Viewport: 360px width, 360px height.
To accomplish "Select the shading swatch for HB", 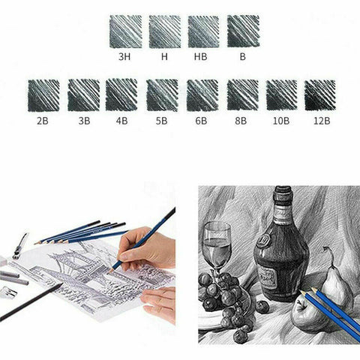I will [x=203, y=31].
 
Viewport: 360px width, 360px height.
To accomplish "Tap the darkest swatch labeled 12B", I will [x=319, y=94].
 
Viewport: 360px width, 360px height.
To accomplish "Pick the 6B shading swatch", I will [x=202, y=94].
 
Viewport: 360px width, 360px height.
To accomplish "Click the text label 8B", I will [x=241, y=118].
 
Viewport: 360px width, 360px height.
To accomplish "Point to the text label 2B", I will [x=43, y=118].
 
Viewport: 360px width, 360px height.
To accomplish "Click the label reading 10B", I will [x=280, y=118].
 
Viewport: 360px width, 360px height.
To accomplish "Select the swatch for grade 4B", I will [x=121, y=94].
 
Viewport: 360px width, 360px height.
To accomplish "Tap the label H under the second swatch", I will [x=165, y=55].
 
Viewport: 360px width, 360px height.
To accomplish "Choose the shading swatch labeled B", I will [x=242, y=31].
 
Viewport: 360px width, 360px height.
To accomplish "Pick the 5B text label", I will [x=162, y=118].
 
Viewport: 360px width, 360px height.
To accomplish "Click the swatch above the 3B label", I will [x=83, y=94].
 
